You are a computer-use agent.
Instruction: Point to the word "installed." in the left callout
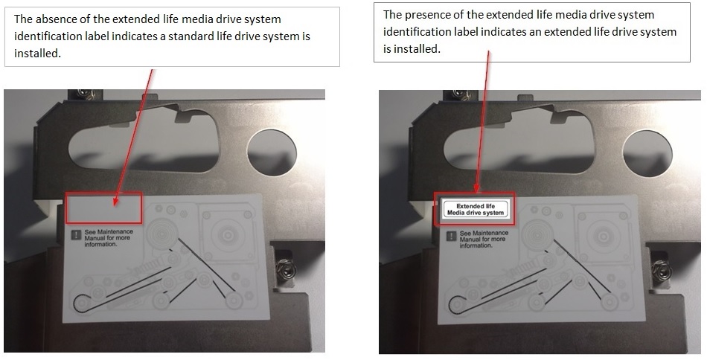pyautogui.click(x=36, y=54)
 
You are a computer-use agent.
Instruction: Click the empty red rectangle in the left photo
pyautogui.click(x=103, y=208)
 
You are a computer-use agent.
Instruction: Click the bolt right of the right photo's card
pyautogui.click(x=661, y=269)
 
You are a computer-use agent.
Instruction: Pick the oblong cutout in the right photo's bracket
pyautogui.click(x=517, y=141)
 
